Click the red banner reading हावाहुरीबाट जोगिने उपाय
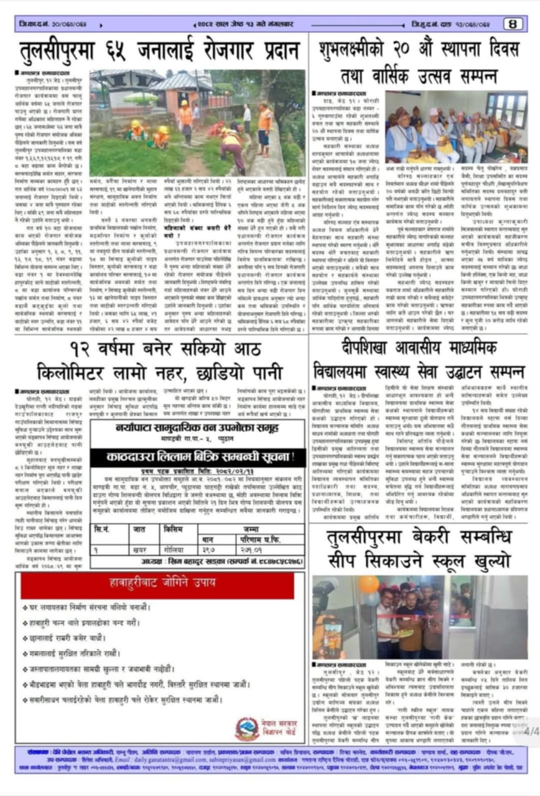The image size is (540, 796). point(157,585)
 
